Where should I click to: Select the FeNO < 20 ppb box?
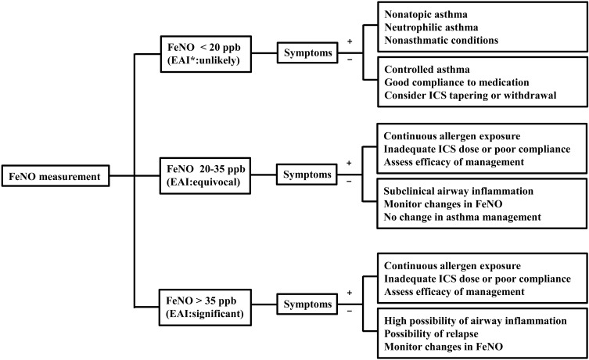coord(201,54)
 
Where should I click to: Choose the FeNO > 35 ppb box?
coord(201,301)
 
